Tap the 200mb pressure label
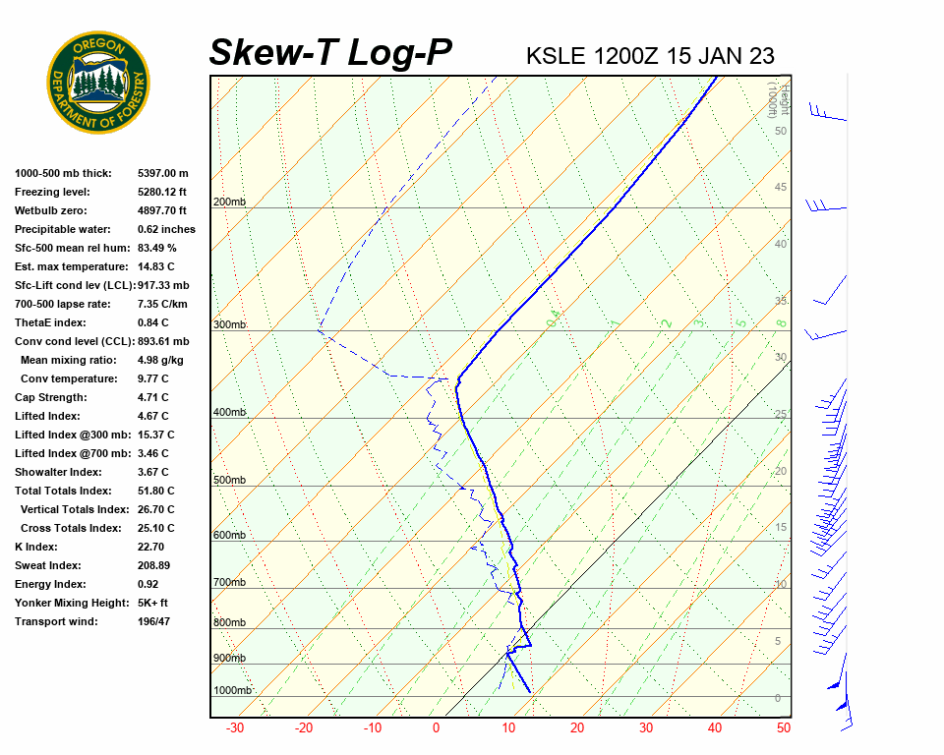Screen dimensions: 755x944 point(230,203)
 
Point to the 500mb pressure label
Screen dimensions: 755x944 point(230,480)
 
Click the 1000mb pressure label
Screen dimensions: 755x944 point(233,690)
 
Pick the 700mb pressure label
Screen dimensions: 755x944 point(230,583)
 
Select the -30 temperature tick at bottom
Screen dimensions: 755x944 point(235,728)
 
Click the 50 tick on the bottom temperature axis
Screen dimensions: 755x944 point(784,728)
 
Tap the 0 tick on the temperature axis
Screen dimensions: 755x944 point(437,728)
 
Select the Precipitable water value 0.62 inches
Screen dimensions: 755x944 point(166,229)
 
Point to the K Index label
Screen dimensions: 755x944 point(36,547)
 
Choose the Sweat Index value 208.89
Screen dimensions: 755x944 point(154,565)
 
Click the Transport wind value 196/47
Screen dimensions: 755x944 point(154,621)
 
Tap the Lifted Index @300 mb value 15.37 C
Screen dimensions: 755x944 point(156,435)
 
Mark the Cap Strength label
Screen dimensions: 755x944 point(50,397)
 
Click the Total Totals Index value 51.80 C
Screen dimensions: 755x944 point(156,491)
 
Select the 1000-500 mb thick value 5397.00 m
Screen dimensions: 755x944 point(163,173)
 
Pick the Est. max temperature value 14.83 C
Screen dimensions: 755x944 point(156,266)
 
